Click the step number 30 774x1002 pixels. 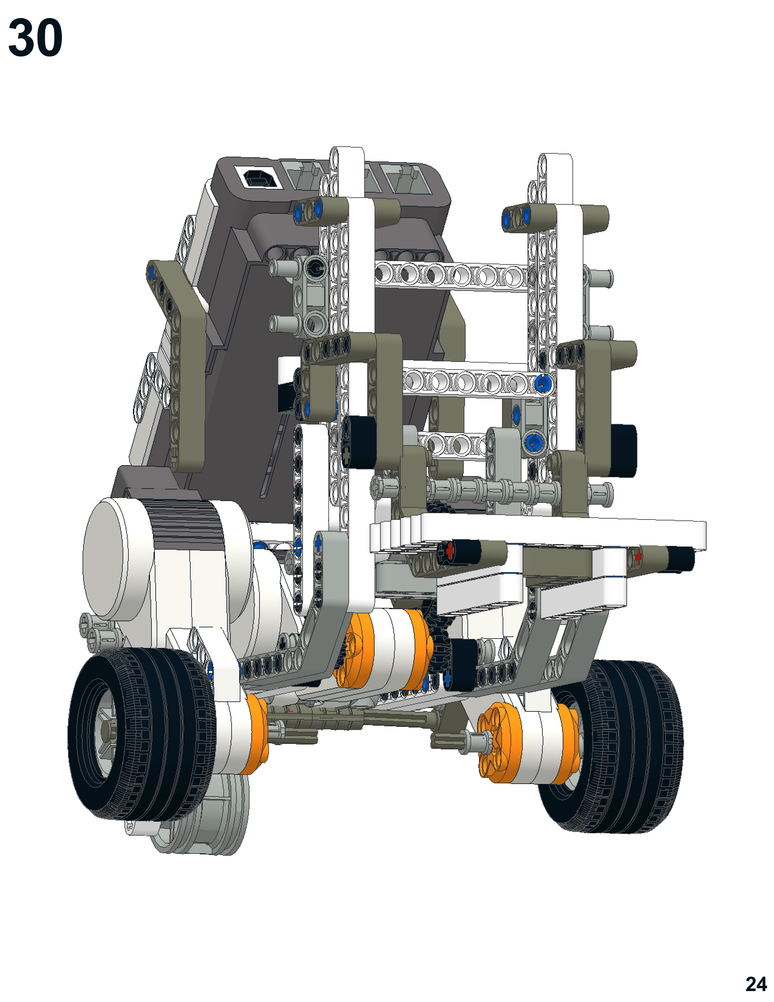point(35,38)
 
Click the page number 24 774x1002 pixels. point(756,984)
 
